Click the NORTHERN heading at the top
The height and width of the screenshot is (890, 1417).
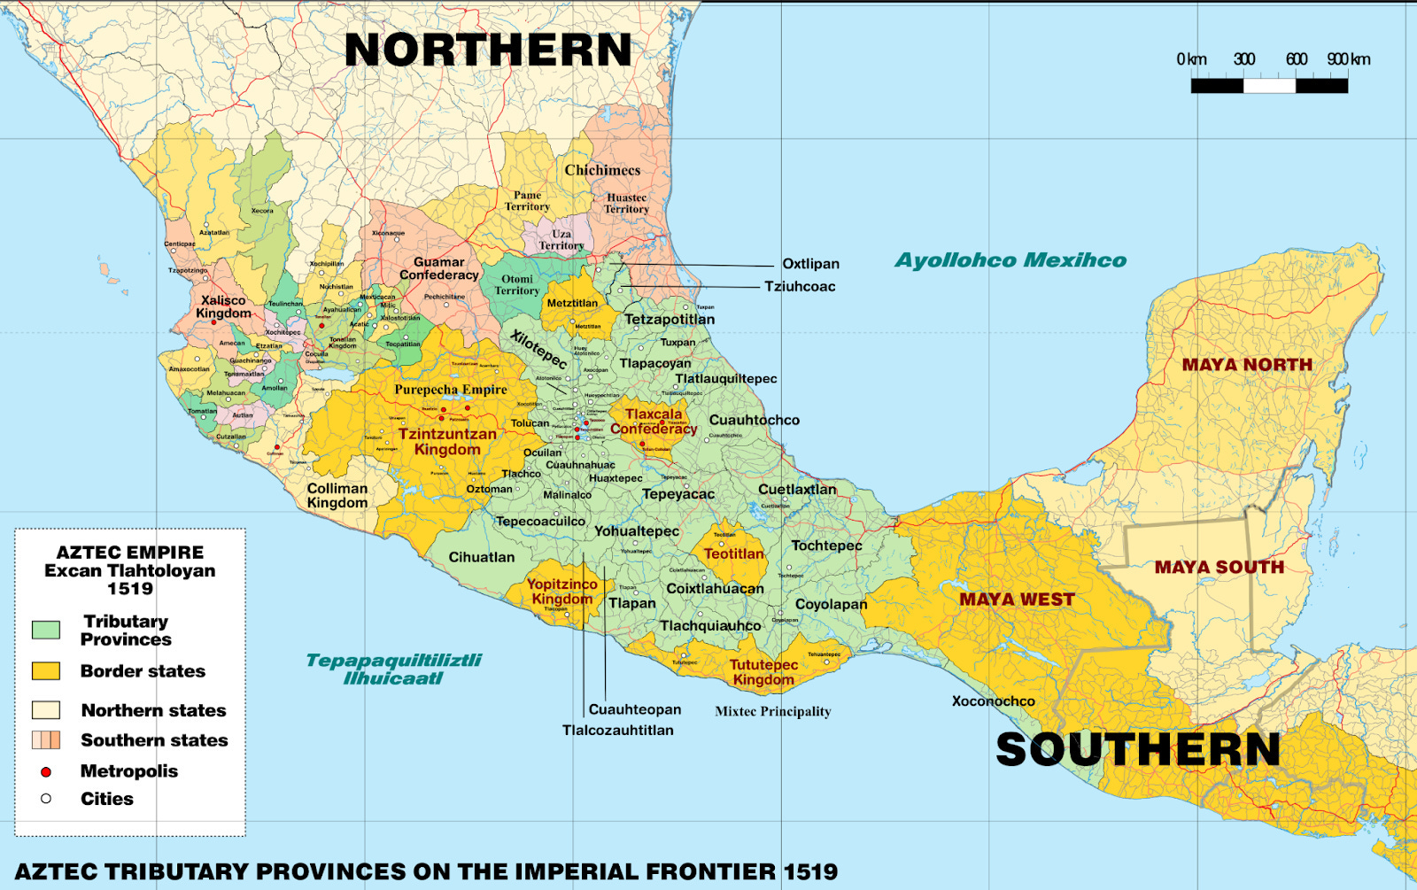pos(488,50)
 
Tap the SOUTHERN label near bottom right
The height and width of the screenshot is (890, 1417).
pos(1138,750)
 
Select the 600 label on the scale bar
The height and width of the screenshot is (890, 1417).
pos(1297,59)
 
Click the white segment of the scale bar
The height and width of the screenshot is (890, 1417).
pos(1269,86)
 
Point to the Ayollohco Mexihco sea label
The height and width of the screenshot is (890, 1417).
pos(1010,260)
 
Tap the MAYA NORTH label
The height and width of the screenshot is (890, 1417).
pos(1247,365)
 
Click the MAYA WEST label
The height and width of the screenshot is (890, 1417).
pos(1017,600)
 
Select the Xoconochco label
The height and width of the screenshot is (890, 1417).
pos(993,701)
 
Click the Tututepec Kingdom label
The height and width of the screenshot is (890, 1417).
pos(763,672)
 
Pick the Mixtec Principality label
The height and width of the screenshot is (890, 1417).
pos(772,711)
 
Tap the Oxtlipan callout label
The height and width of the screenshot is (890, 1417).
pos(810,264)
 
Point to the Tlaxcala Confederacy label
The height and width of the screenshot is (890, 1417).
pos(654,422)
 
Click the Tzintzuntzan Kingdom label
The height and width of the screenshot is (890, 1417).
pos(447,442)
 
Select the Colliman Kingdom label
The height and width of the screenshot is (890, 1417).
pos(337,496)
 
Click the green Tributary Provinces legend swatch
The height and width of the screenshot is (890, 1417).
pos(46,630)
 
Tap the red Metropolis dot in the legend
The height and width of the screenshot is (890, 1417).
pos(46,772)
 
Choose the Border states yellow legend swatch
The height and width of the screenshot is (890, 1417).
pos(46,671)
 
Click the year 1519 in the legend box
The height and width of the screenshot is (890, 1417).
pos(130,589)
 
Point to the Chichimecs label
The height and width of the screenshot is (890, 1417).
pos(602,170)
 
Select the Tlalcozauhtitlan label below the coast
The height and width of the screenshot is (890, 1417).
pos(617,731)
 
